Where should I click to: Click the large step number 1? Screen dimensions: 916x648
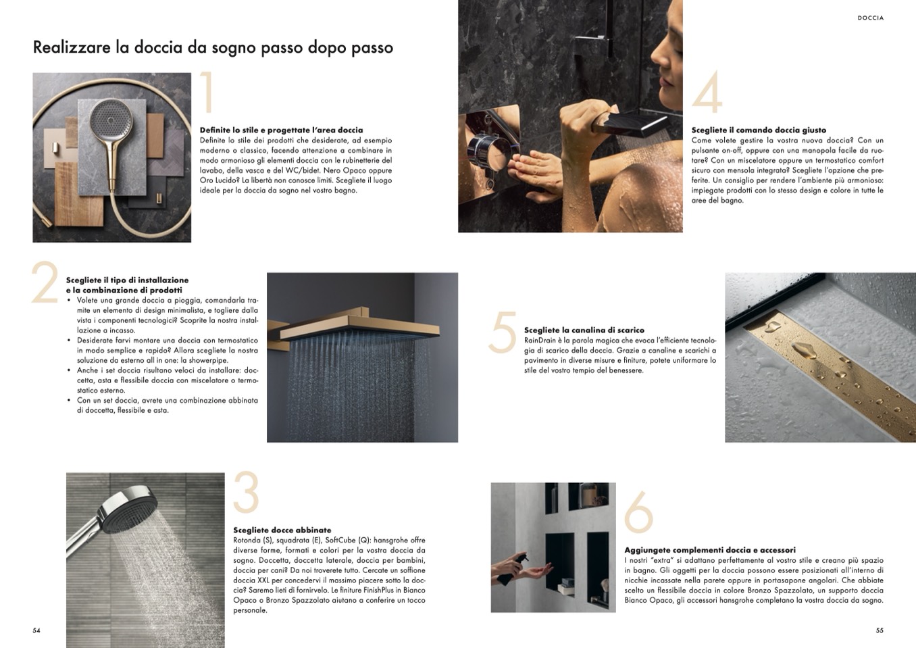pos(208,92)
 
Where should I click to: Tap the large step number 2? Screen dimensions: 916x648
pos(45,282)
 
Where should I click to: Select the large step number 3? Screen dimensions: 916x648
pos(246,492)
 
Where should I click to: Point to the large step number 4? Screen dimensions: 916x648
pos(707,92)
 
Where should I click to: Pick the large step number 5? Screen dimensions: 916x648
pos(502,332)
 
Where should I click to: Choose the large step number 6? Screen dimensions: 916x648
pos(638,512)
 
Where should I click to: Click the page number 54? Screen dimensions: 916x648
pos(36,630)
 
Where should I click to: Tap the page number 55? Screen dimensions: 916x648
pos(880,630)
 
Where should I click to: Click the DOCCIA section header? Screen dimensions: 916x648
pos(871,18)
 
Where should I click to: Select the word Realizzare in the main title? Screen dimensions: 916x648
pos(72,47)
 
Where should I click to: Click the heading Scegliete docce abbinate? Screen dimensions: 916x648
pos(282,530)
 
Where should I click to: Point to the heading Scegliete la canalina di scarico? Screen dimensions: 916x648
pos(584,330)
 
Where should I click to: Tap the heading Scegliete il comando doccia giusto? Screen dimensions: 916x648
pos(759,130)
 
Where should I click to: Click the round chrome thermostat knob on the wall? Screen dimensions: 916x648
pos(490,152)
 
